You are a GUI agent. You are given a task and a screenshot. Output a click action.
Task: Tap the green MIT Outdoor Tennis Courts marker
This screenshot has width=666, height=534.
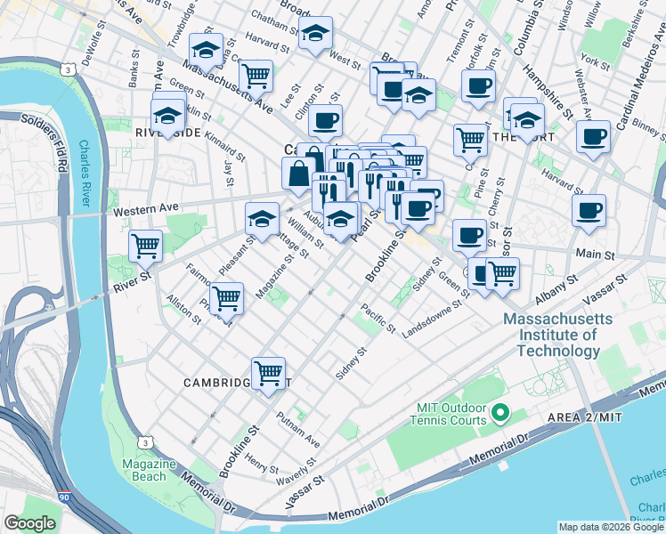click(499, 412)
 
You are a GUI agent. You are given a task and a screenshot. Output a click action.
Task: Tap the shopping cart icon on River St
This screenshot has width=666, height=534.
click(145, 245)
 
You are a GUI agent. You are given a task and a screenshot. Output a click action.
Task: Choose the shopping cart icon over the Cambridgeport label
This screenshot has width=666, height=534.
click(268, 373)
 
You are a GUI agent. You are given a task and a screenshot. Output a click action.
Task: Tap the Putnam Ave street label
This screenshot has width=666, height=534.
click(297, 430)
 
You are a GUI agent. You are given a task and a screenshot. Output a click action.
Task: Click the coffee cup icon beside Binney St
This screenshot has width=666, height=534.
click(593, 137)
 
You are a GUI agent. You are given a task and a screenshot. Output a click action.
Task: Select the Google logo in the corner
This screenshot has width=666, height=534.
click(29, 523)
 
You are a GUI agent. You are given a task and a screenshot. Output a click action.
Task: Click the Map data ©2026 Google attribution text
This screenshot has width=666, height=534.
click(610, 527)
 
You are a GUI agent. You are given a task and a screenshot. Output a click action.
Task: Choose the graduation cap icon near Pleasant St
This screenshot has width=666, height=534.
click(263, 218)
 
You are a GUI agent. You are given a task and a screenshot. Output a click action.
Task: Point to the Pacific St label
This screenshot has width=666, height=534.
click(378, 320)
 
